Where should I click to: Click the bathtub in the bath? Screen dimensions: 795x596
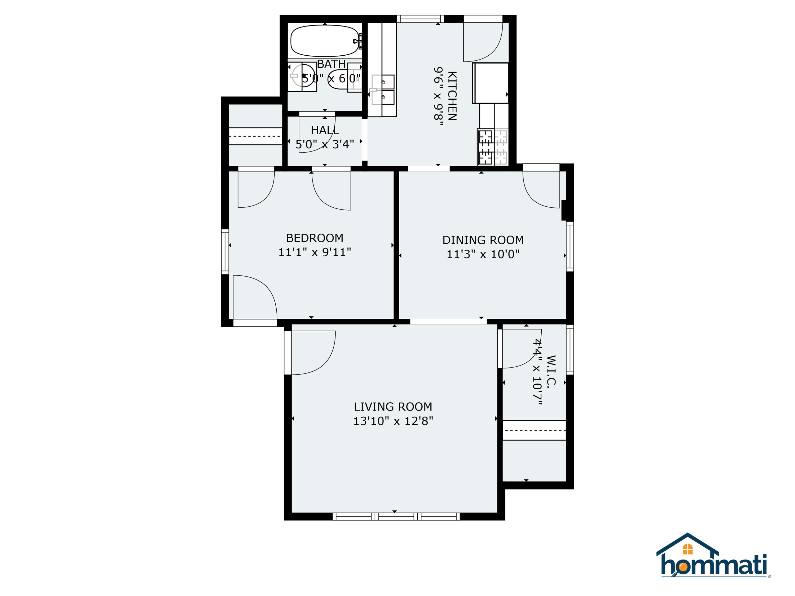point(325,41)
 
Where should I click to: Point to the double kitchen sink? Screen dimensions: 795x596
point(383,90)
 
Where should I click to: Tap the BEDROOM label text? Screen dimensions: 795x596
point(315,238)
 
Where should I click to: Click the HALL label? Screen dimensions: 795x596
point(325,130)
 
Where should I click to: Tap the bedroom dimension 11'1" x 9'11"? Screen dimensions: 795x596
point(315,252)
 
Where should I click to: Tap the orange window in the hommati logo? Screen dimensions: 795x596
point(687,549)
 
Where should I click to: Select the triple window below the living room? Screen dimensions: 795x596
point(396,517)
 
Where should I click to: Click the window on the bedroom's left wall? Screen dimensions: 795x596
point(225,251)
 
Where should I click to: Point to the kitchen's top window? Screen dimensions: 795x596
point(420,19)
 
